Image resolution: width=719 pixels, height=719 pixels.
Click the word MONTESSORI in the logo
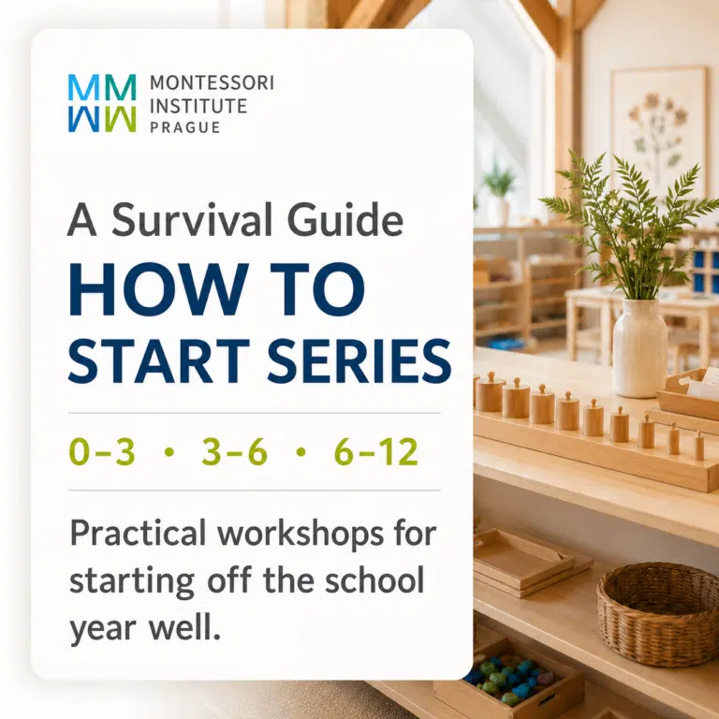(212, 83)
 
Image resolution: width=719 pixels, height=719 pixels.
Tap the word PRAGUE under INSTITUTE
(185, 127)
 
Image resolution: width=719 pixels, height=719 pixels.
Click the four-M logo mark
(102, 103)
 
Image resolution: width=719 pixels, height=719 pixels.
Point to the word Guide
(345, 220)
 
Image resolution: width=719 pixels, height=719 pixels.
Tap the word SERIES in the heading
(359, 360)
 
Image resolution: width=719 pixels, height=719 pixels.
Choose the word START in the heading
(158, 360)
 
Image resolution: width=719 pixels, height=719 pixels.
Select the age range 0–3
(102, 451)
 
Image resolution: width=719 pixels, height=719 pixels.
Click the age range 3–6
(234, 451)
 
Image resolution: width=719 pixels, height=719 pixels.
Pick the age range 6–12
(376, 451)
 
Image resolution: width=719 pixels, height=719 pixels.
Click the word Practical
(138, 535)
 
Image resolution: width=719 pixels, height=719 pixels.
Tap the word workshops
(301, 534)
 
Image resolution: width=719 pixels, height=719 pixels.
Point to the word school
(374, 580)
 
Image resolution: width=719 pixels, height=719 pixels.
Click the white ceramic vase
(639, 347)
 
